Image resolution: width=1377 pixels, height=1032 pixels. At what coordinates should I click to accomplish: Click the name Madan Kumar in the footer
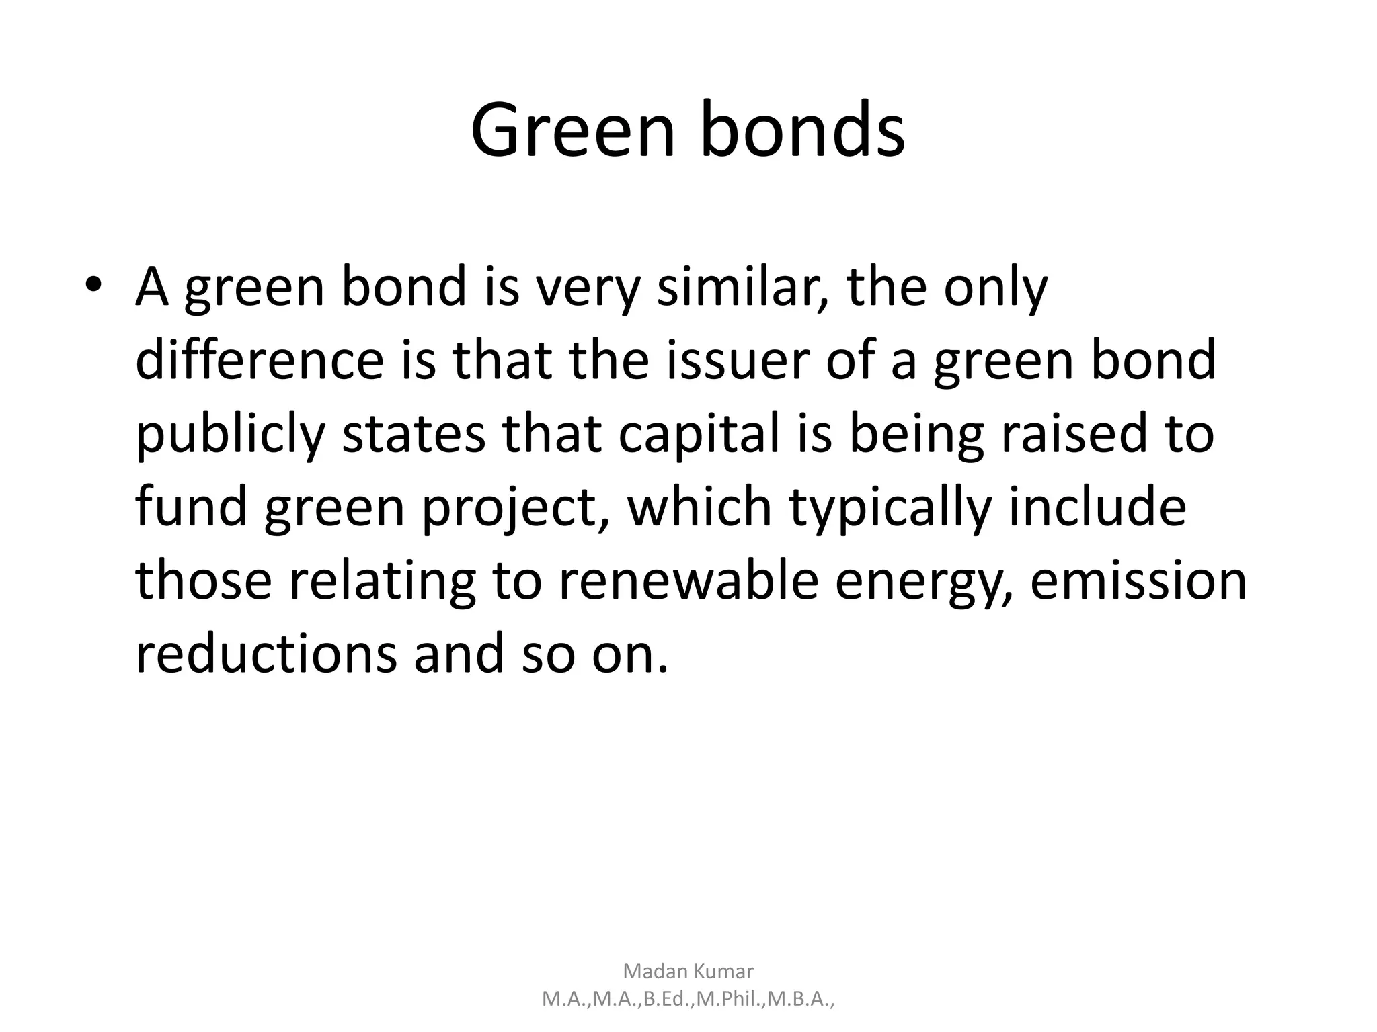pos(688,971)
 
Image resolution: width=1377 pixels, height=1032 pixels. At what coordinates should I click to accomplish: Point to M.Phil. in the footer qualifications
pos(731,999)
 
